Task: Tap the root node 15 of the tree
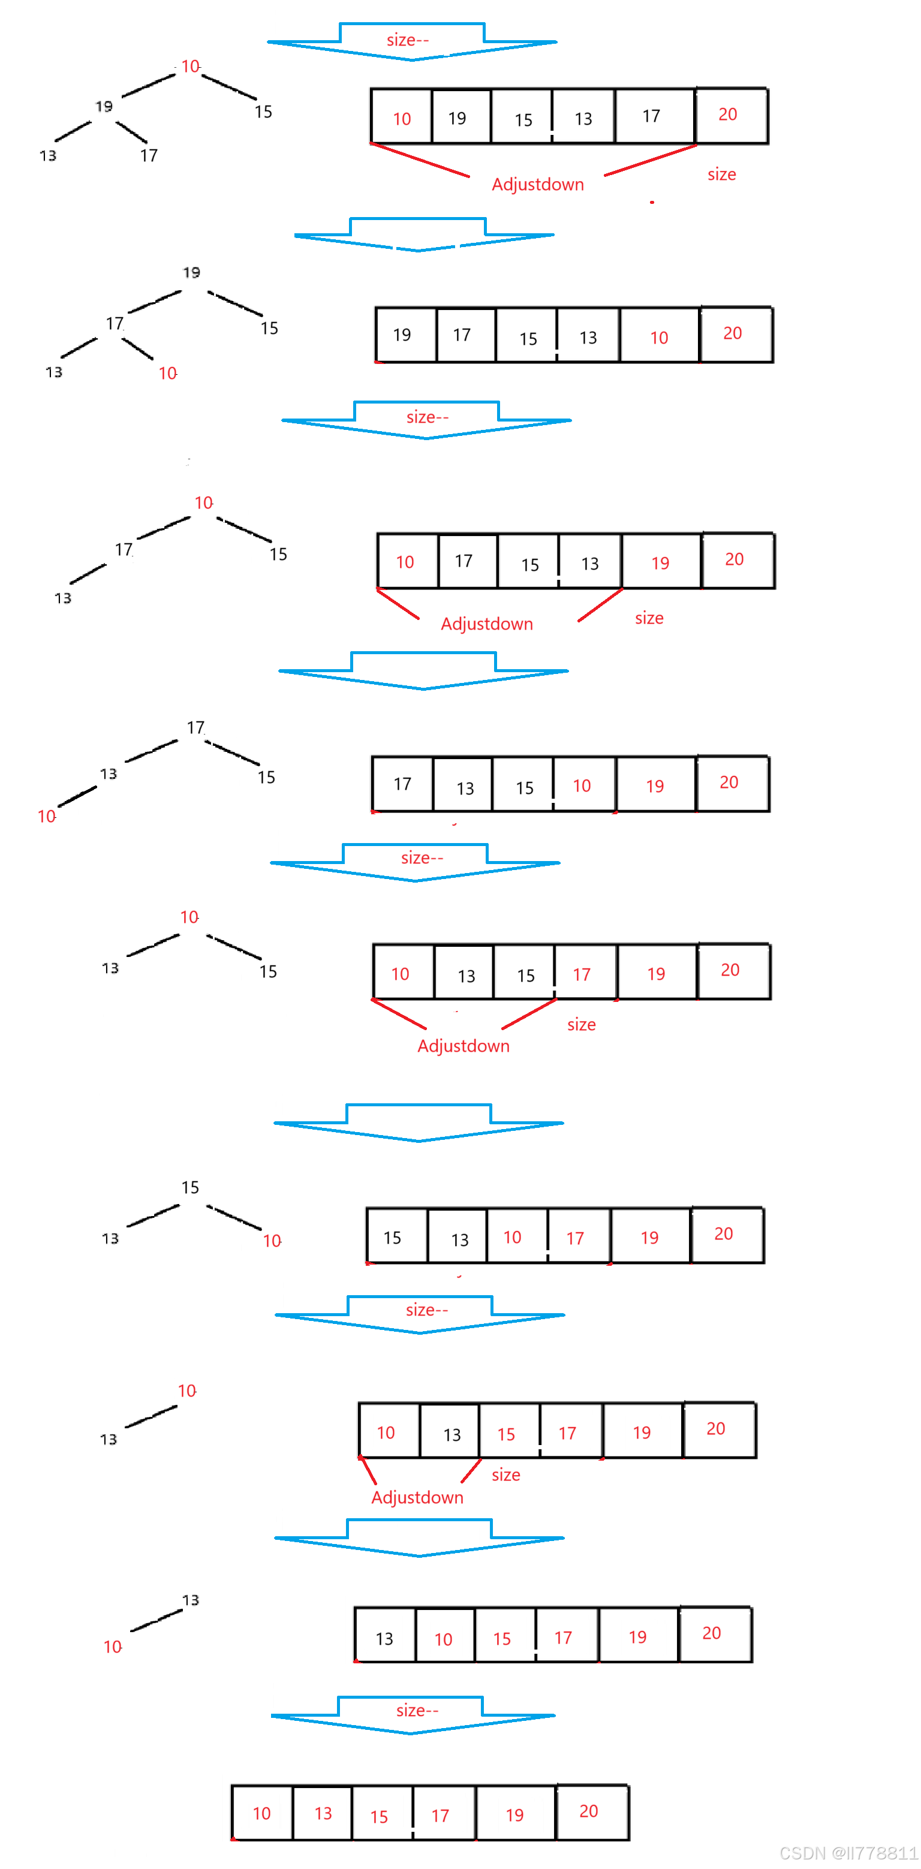click(190, 1187)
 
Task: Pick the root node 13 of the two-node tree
click(190, 1600)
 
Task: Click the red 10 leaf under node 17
click(168, 373)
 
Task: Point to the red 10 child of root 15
click(272, 1241)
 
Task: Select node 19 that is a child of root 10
click(104, 107)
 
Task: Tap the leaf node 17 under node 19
click(149, 155)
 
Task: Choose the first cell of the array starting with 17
click(402, 784)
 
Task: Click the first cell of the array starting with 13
click(385, 1638)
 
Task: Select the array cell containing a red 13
click(323, 1813)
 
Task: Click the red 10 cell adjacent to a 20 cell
click(659, 338)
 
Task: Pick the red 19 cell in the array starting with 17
click(655, 785)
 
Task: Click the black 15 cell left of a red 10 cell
click(525, 787)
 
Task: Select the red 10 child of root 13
click(113, 1647)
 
